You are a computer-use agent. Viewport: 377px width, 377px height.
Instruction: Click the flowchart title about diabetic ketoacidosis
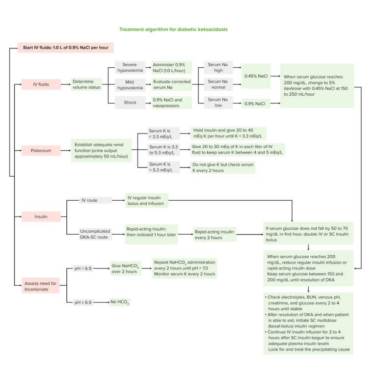(173, 29)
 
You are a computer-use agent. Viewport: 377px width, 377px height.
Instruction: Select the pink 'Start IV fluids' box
(66, 48)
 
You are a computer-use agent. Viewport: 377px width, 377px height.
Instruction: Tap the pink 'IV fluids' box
(41, 84)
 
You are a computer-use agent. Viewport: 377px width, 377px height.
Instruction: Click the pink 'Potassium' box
(41, 151)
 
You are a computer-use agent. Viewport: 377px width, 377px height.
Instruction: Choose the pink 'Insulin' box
(41, 216)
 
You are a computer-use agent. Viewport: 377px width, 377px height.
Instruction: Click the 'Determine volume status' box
(87, 84)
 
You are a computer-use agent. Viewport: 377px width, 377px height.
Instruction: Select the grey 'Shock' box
(130, 102)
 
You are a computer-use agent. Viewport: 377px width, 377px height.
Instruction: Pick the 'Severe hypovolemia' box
(130, 67)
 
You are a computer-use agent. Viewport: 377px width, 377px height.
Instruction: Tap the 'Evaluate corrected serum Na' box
(171, 84)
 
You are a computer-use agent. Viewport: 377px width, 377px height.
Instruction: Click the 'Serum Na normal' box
(218, 84)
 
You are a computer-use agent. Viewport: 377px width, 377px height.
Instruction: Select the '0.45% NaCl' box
(256, 76)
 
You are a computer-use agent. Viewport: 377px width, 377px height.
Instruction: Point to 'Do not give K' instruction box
(223, 167)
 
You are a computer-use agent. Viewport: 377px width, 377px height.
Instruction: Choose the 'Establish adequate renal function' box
(101, 151)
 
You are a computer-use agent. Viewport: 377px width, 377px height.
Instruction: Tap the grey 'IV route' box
(96, 200)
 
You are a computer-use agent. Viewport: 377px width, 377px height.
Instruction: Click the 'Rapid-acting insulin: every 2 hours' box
(215, 234)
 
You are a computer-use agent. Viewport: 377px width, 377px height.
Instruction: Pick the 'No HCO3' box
(120, 302)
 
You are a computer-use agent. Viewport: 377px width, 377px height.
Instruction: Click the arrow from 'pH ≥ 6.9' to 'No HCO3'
(102, 302)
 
